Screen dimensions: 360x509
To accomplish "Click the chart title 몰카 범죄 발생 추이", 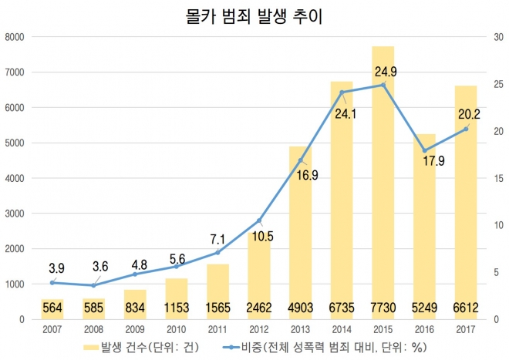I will coord(254,16).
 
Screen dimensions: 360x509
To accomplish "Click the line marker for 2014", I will coord(342,93).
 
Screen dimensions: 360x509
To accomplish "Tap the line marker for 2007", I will coord(52,282).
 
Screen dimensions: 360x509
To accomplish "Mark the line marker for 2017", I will coord(466,129).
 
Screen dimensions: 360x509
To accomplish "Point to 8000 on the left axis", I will coord(15,37).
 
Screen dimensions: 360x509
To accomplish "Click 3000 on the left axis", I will coord(15,214).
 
